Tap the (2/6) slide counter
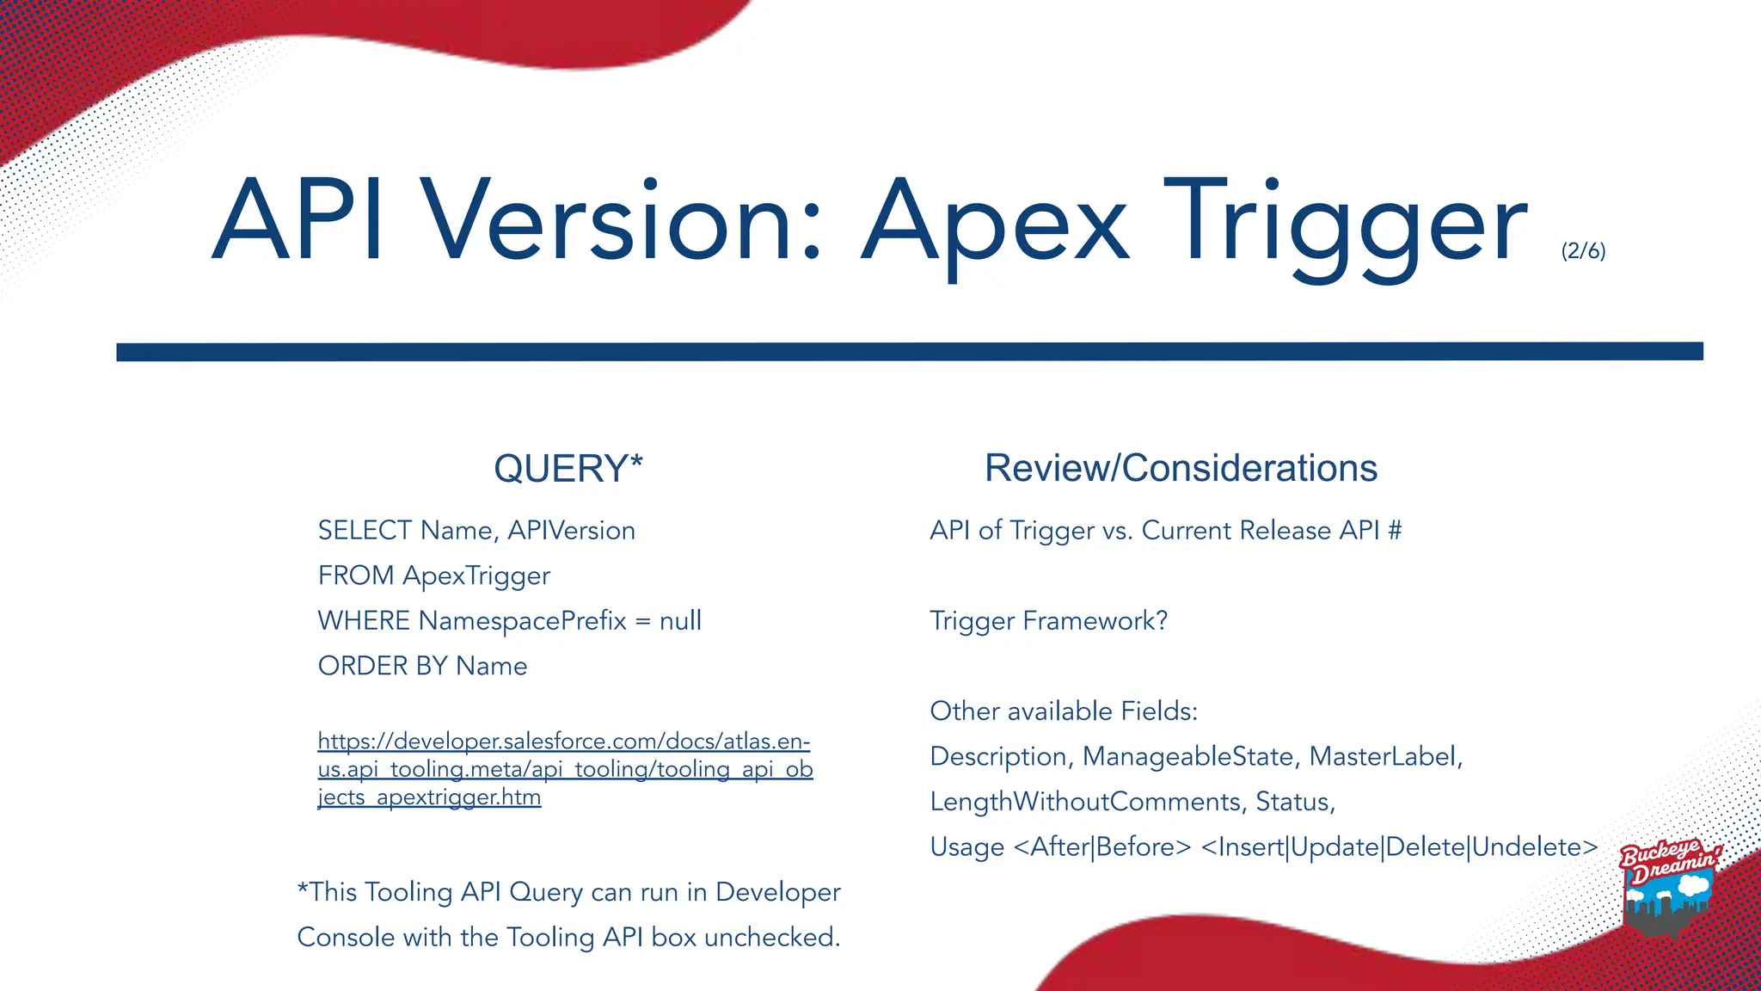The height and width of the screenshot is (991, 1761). coord(1583,250)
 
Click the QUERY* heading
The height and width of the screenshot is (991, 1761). coord(568,469)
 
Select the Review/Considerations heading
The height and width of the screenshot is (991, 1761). coord(1181,469)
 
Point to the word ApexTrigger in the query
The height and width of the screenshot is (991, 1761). coord(476,576)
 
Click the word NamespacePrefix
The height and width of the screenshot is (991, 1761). coord(523,621)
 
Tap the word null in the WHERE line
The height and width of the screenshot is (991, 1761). coord(680,621)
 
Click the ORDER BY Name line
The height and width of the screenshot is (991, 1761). coord(422,666)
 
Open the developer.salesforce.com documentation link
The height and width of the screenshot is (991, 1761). coord(564,768)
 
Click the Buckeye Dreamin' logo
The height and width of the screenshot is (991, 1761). coord(1668,886)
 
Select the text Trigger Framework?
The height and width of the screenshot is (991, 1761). coord(1048,621)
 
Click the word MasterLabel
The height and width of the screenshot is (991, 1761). coord(1384,756)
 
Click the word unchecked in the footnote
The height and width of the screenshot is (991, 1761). coord(771,937)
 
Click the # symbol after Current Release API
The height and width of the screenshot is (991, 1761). coord(1395,531)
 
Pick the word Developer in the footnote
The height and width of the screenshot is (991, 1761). coord(777,892)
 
